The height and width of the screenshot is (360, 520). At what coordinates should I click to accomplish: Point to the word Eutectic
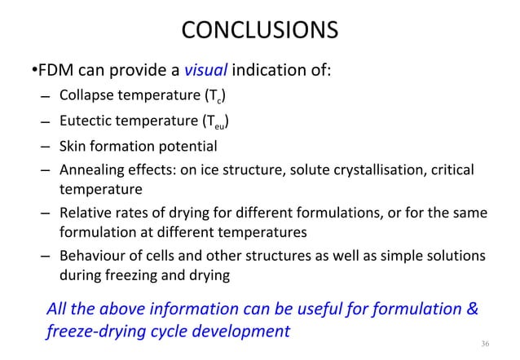(x=85, y=124)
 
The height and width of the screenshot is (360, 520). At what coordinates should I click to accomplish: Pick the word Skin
(x=72, y=147)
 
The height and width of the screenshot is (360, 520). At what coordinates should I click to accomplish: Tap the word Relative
(x=84, y=213)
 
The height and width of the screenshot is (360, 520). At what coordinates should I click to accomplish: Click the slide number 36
(x=485, y=345)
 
